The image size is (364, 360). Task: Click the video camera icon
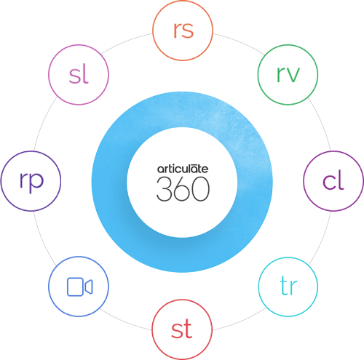79,287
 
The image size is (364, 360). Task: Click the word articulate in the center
183,169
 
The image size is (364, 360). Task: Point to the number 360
183,189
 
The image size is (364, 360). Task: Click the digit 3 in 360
164,189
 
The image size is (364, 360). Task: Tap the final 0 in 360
201,189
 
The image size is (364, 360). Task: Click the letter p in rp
37,183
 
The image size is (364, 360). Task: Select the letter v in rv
293,74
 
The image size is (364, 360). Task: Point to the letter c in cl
329,182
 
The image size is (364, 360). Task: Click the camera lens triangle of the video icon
89,287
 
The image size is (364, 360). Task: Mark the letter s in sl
74,76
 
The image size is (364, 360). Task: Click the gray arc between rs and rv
239,41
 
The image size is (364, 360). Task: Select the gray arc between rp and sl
43,124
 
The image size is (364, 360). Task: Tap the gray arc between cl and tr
321,239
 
